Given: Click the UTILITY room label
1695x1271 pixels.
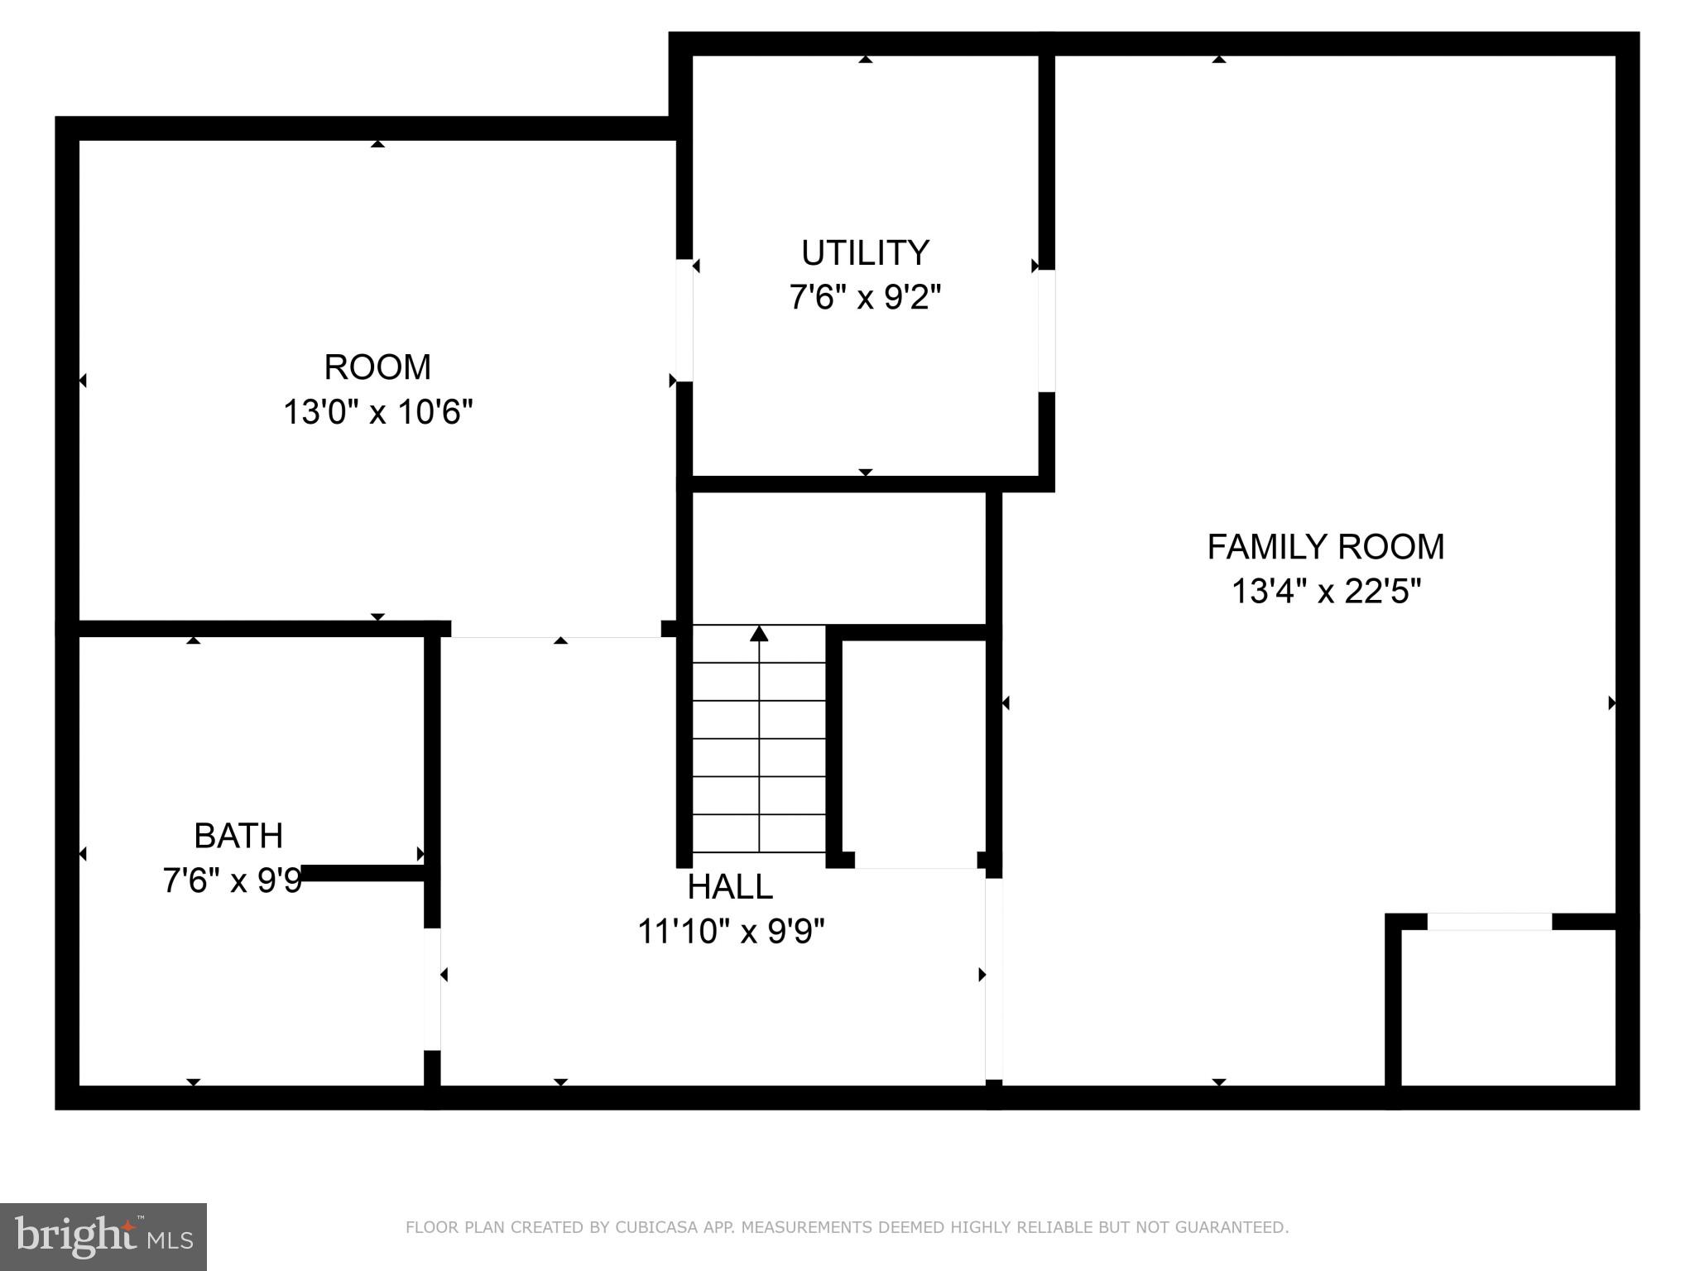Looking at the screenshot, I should coord(865,252).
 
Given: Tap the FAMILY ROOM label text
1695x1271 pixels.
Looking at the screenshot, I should coord(1325,547).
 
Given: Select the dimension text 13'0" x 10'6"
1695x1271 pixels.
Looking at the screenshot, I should coord(377,411).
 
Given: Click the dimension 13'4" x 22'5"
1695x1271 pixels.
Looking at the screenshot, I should coord(1325,592).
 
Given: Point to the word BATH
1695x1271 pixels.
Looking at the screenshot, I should coord(238,836).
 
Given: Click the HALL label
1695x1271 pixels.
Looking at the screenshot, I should coord(730,887).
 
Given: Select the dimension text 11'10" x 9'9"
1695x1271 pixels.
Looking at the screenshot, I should coord(730,932).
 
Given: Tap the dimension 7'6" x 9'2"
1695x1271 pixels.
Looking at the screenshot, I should coord(865,297).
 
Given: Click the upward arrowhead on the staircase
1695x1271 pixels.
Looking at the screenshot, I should coord(759,634).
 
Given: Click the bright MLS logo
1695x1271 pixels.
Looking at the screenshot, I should coord(103,1236).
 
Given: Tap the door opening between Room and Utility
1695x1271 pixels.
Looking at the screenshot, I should coord(684,320).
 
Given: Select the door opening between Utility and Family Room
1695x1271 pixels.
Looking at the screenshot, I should coord(1046,330).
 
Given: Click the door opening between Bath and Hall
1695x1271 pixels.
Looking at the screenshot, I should coord(432,989).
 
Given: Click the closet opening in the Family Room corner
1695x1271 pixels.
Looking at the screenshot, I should coord(1489,922).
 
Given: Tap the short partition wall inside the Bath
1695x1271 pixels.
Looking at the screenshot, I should coord(364,873).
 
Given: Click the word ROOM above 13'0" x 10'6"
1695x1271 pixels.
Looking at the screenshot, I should coord(377,367).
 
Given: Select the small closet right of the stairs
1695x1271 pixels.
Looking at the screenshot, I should coord(910,749).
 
